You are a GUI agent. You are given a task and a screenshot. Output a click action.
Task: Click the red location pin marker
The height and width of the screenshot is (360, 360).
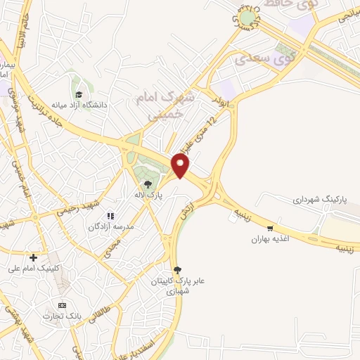tap(181, 166)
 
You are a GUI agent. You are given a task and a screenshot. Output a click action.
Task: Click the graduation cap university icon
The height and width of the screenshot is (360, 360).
tap(79, 94)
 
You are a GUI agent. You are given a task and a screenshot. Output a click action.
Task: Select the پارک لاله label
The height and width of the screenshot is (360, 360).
tap(149, 195)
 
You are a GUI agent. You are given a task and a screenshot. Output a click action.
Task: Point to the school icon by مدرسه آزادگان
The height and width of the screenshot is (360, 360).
tap(110, 216)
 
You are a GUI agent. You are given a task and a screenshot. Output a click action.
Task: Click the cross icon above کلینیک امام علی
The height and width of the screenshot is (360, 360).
tap(33, 257)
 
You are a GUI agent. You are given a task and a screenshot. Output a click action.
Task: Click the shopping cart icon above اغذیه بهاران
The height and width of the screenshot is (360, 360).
tap(271, 229)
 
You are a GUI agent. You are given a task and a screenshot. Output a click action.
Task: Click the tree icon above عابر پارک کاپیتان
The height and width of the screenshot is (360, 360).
tap(177, 269)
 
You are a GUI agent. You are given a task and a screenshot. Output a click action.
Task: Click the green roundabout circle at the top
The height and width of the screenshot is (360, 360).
tap(247, 18)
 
